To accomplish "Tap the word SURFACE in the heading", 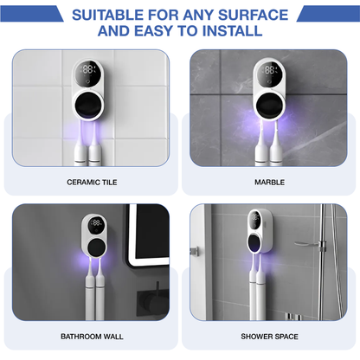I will click(x=249, y=14).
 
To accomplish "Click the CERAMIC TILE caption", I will click(x=91, y=183).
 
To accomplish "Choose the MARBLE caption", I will click(x=268, y=183).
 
